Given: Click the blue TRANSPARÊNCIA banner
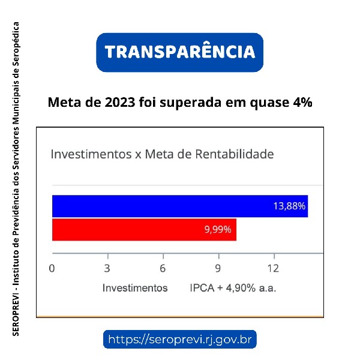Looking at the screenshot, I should [x=180, y=52].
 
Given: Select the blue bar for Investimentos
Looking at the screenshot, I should [x=179, y=206].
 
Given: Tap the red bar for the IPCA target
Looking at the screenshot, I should [x=144, y=230].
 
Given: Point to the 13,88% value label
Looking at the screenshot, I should [x=289, y=206].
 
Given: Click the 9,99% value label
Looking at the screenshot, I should [x=218, y=230].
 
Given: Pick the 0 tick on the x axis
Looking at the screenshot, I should [x=52, y=268].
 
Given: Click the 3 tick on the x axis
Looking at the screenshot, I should [x=107, y=268].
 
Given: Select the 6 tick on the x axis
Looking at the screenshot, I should [x=163, y=268].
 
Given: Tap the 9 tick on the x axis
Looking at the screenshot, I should [x=218, y=268].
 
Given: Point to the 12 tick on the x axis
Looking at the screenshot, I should [x=273, y=268].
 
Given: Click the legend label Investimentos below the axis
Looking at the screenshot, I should [x=135, y=288].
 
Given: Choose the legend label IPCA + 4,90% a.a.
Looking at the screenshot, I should [x=233, y=288].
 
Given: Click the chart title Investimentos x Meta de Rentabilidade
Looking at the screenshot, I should [x=162, y=154].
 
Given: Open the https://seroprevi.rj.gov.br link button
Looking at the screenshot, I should [x=180, y=340].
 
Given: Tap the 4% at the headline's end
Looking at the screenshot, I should [x=302, y=102].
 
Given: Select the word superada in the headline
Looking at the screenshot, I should [x=197, y=103].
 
